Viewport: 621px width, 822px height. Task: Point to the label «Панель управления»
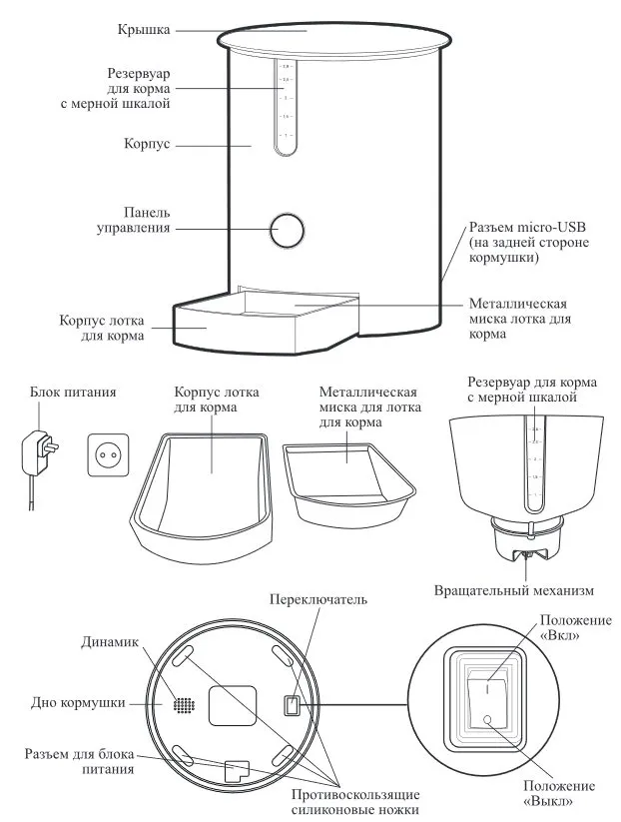[x=147, y=221]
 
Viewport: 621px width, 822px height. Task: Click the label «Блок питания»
[x=73, y=393]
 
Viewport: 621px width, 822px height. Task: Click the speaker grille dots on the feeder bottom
[x=183, y=704]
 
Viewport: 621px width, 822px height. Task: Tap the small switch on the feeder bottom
[x=290, y=706]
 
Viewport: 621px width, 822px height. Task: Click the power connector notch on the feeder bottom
[x=237, y=769]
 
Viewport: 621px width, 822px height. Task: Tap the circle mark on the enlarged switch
[x=488, y=720]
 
